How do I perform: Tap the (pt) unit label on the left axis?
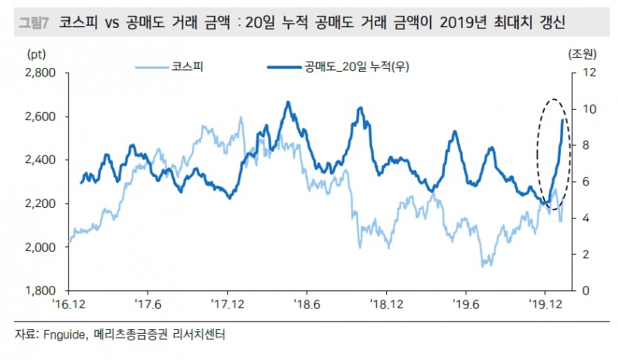click(36, 54)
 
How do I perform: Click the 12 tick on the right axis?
click(586, 73)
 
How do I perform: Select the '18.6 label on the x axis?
click(307, 304)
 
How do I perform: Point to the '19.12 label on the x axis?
click(545, 304)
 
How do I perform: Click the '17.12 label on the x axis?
click(227, 304)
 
